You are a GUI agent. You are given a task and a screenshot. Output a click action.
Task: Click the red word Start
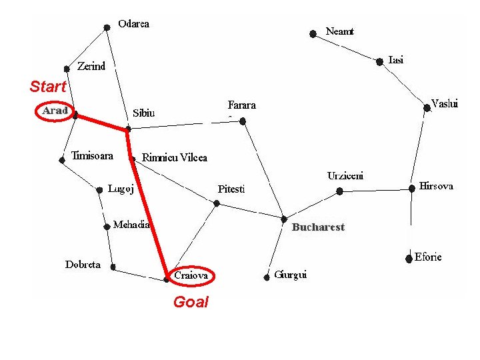48,86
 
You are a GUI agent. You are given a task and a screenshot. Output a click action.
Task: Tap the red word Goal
191,302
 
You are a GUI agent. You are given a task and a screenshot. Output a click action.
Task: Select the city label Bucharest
318,227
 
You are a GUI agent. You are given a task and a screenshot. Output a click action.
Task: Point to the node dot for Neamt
313,34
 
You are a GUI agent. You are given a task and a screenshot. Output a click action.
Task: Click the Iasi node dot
379,62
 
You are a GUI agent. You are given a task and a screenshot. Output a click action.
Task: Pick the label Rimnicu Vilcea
175,157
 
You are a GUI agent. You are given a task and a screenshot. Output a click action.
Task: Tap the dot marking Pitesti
217,203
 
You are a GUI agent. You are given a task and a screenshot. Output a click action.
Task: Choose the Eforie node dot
409,259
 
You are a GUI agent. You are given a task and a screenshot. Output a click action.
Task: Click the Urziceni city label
345,176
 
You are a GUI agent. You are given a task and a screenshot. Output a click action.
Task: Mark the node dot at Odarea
107,28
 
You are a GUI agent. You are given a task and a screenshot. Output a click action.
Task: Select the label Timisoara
92,155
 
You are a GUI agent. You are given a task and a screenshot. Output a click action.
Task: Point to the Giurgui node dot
267,277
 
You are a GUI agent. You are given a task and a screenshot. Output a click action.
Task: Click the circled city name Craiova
191,275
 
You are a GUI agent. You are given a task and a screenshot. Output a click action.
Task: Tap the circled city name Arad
55,111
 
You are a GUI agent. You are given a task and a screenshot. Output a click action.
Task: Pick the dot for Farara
243,121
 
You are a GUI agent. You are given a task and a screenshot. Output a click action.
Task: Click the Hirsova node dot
412,188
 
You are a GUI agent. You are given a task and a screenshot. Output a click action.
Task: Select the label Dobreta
83,265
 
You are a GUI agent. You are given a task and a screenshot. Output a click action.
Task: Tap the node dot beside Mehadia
107,227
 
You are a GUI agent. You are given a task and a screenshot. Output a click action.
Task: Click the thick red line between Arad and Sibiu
101,123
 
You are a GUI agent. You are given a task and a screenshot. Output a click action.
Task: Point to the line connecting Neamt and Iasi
346,48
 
